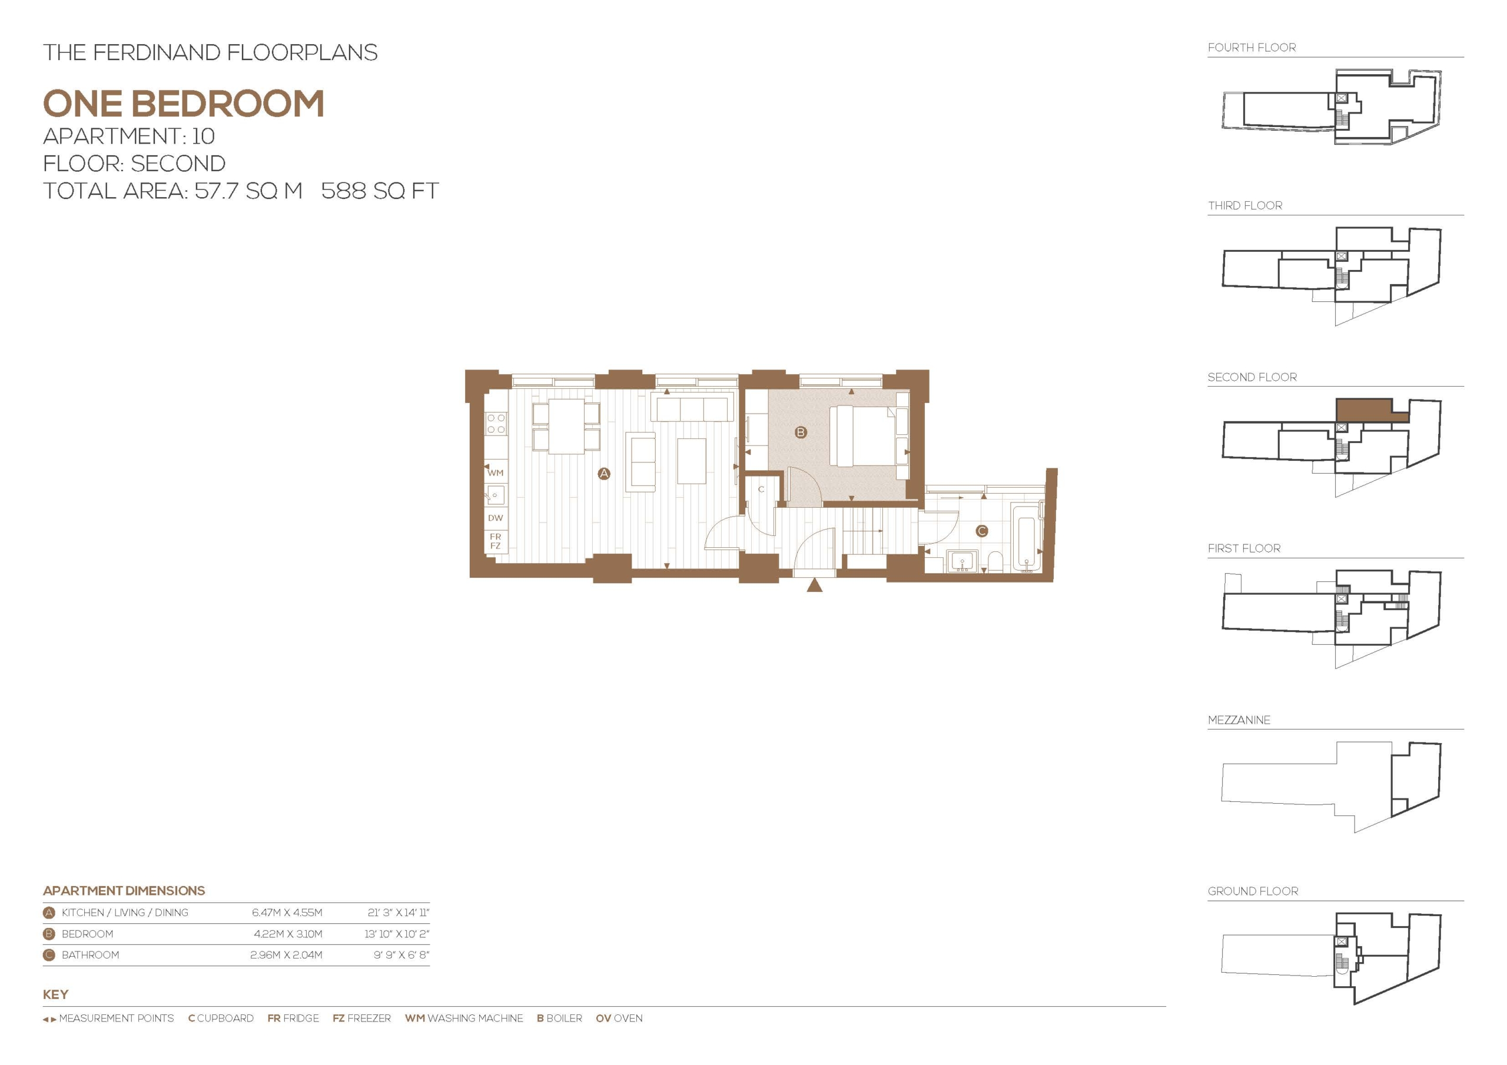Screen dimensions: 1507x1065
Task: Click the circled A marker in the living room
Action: (604, 473)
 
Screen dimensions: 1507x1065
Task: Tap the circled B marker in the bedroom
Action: (800, 432)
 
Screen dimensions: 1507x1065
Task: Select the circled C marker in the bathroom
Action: (982, 531)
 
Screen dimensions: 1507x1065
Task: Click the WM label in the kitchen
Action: (496, 472)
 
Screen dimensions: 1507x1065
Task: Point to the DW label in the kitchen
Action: (496, 518)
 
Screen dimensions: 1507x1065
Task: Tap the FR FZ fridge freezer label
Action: (496, 541)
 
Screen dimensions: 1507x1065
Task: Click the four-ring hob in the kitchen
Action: (496, 423)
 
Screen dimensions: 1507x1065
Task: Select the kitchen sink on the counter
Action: (496, 495)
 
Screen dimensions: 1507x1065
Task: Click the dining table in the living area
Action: (566, 427)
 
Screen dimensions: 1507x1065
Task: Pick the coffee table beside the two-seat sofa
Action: (691, 461)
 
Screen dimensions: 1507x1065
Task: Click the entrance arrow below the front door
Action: (815, 585)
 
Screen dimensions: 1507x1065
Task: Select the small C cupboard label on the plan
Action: (761, 490)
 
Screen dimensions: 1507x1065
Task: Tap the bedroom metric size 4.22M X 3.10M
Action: (288, 934)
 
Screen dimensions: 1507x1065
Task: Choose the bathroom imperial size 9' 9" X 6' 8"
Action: (401, 955)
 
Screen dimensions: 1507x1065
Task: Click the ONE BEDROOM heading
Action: (184, 104)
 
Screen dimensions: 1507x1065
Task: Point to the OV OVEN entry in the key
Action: (619, 1019)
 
